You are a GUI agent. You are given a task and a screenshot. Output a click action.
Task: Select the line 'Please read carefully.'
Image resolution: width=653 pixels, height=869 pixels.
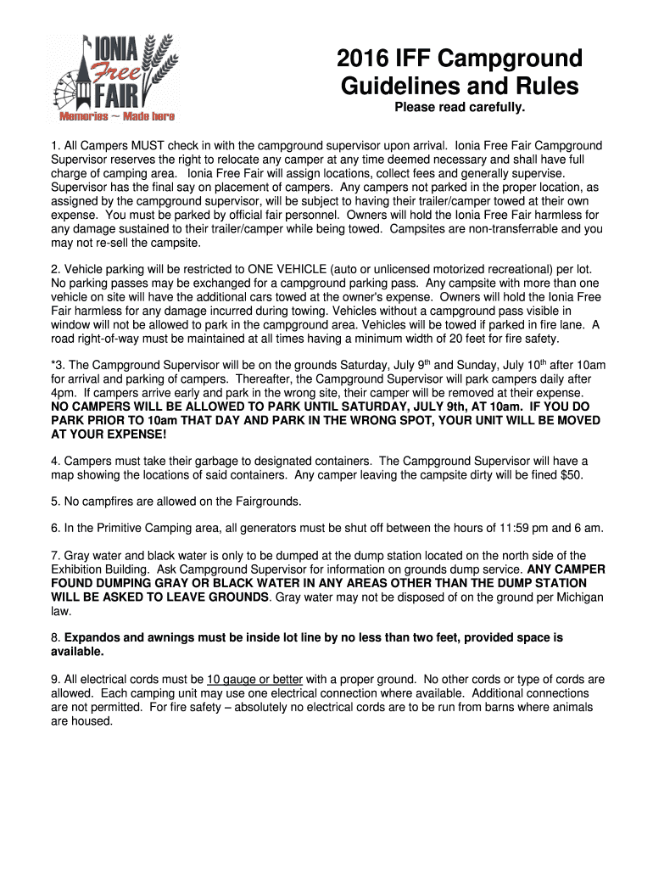point(460,108)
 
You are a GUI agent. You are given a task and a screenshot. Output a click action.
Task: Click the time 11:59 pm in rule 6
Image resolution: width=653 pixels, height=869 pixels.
point(470,528)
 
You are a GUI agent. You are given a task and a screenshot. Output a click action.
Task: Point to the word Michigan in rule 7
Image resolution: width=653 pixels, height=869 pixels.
point(574,597)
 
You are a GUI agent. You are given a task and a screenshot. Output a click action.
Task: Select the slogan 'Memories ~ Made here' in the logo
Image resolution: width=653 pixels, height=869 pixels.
point(116,116)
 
